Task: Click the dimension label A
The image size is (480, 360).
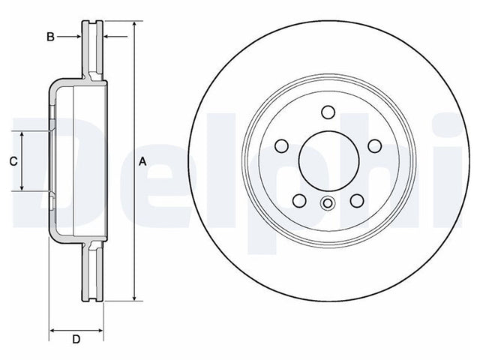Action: click(142, 161)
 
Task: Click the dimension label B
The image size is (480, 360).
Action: click(50, 37)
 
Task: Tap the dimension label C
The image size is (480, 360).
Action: click(13, 161)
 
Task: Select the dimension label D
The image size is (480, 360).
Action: click(76, 339)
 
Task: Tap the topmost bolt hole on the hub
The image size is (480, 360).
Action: click(328, 112)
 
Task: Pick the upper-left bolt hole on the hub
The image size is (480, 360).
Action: click(282, 146)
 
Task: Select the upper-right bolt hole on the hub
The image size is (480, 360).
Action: click(375, 146)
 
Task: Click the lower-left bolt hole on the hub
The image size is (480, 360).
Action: click(299, 200)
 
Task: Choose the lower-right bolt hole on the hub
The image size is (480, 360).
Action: click(357, 200)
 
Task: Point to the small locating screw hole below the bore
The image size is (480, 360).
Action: click(328, 203)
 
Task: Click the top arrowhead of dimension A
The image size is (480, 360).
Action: click(134, 25)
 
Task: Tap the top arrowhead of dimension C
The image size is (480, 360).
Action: click(22, 135)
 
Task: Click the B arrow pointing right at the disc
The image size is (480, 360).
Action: click(69, 37)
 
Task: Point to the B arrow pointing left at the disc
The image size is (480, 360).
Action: click(115, 37)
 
